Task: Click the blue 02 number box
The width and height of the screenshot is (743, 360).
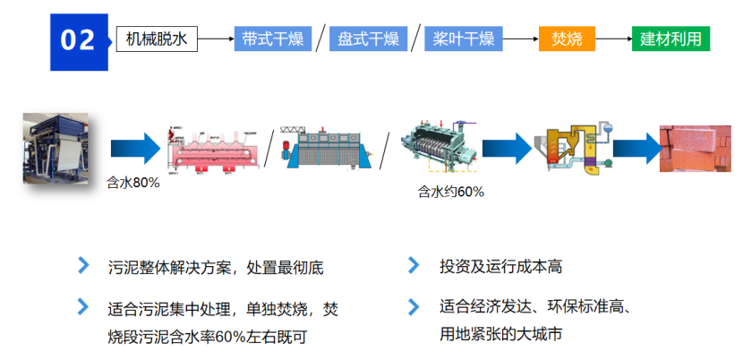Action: pos(78,40)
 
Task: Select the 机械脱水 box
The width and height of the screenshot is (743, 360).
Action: pos(157,39)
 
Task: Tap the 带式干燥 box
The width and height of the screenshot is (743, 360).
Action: pos(272,39)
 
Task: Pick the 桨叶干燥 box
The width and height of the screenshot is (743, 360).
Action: pos(463,39)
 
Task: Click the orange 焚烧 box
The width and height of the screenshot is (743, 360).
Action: pos(567,39)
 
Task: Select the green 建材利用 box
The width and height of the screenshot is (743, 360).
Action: pos(670,39)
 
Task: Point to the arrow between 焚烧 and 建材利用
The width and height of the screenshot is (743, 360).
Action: pos(613,39)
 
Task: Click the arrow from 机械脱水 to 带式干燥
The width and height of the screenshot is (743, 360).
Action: pos(215,39)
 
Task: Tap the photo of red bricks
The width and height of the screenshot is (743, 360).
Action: pos(693,149)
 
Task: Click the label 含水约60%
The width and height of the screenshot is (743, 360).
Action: pos(450,192)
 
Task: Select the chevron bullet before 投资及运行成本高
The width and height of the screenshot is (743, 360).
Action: pos(414,266)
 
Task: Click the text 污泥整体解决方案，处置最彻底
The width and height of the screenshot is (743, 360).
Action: pos(215,267)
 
